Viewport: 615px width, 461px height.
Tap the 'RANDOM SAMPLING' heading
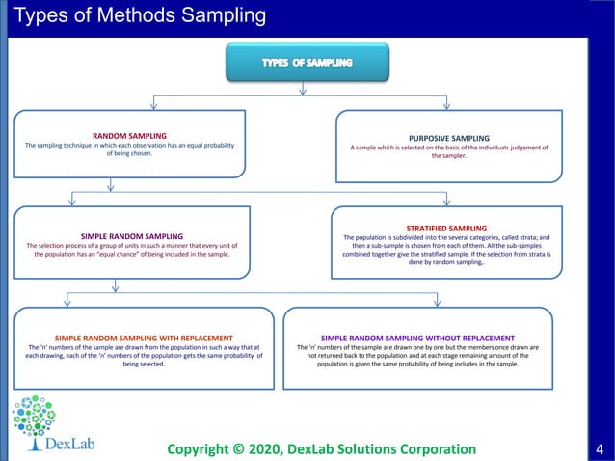(x=129, y=136)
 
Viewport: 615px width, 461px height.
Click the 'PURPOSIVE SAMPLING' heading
(x=448, y=138)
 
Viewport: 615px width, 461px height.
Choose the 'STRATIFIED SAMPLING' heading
(x=446, y=228)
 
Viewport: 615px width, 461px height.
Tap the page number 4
(x=600, y=448)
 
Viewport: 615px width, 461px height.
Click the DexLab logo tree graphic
(x=35, y=418)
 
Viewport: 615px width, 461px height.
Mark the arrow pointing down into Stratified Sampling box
(x=447, y=201)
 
